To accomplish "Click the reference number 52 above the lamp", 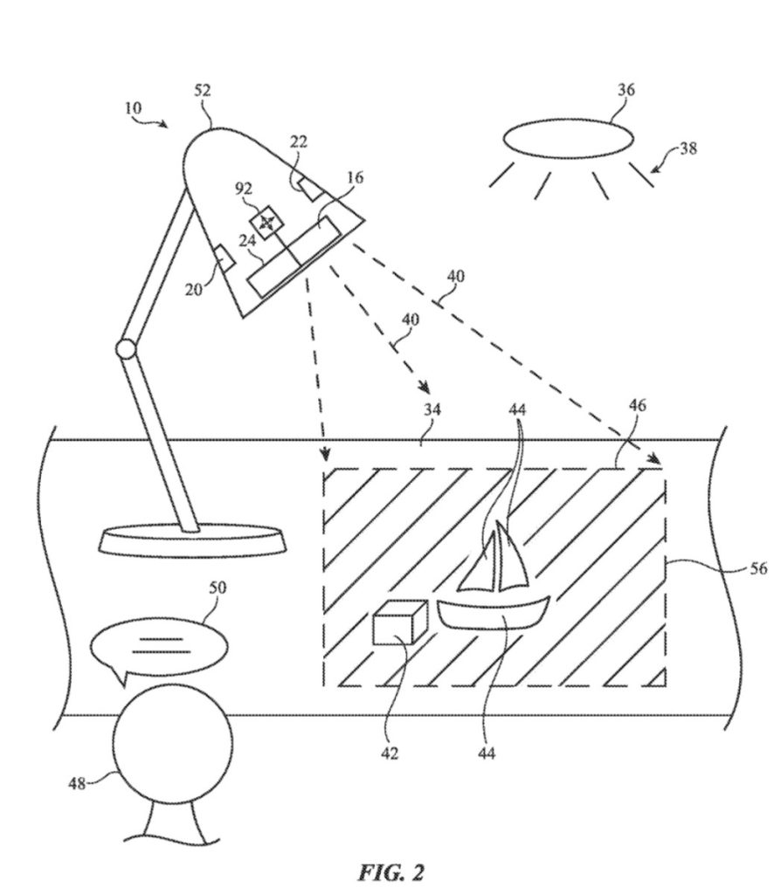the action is tap(202, 91).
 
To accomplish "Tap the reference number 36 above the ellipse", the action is tap(625, 90).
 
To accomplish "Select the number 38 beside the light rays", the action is tap(688, 148).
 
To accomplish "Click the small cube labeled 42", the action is tap(400, 622).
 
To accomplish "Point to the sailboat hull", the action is tap(493, 613).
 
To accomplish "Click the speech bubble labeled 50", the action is tap(158, 648).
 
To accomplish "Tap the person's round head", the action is tap(173, 743).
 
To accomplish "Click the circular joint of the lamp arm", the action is tap(126, 349).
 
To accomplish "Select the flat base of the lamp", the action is tap(193, 539).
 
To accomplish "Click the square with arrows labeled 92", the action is tap(266, 222).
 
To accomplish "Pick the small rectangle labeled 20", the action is tap(224, 258).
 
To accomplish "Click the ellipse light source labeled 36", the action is tap(568, 138).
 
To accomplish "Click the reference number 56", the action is tap(758, 568).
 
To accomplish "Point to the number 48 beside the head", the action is tap(77, 783).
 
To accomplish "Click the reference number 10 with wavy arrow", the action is tap(133, 107).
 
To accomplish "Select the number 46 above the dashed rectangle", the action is tap(637, 405).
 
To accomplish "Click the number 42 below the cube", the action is tap(389, 753).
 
